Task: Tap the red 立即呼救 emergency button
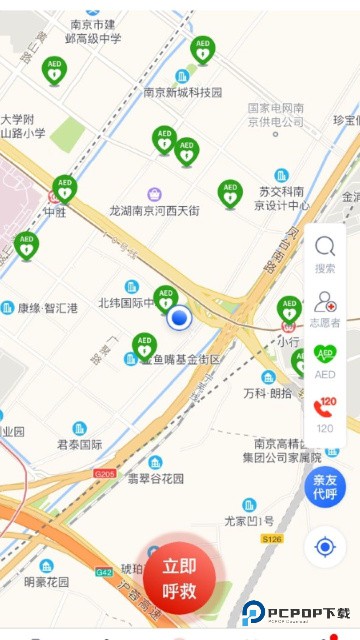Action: [180, 578]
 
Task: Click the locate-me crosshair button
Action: [324, 547]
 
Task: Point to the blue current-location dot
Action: [179, 318]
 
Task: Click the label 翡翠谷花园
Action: [155, 478]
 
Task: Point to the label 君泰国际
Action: [79, 443]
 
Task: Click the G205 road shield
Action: [104, 473]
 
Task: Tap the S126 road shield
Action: [272, 538]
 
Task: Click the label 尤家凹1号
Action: [248, 520]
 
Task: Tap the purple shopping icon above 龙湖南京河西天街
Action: [154, 194]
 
